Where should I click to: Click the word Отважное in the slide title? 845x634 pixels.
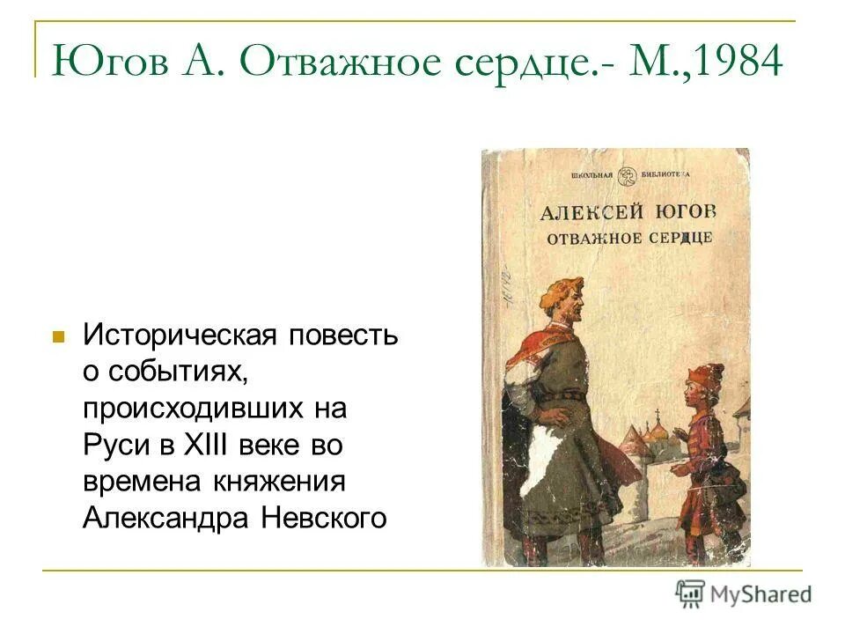pos(336,64)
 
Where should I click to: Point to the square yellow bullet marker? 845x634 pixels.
pos(59,336)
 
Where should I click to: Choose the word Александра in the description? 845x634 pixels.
pos(165,518)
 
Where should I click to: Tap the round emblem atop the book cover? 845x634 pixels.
pos(627,175)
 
